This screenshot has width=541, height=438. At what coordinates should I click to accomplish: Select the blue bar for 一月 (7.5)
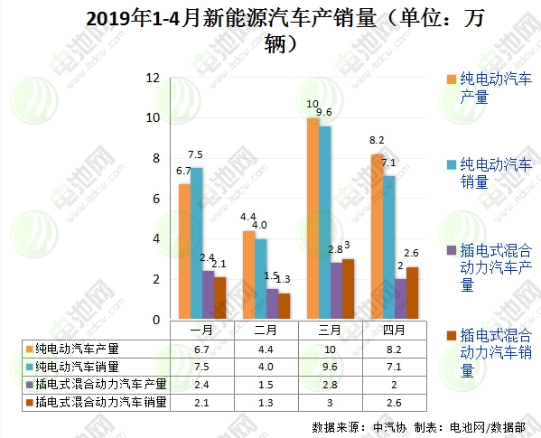pos(196,244)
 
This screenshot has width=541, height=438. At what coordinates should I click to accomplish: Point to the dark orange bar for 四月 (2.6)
pos(412,293)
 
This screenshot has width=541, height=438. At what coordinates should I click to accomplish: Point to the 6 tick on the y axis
pos(155,199)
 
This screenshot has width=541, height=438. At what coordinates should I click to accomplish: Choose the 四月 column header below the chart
pos(394,331)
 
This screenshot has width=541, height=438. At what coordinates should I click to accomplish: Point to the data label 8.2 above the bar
pos(377,140)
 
